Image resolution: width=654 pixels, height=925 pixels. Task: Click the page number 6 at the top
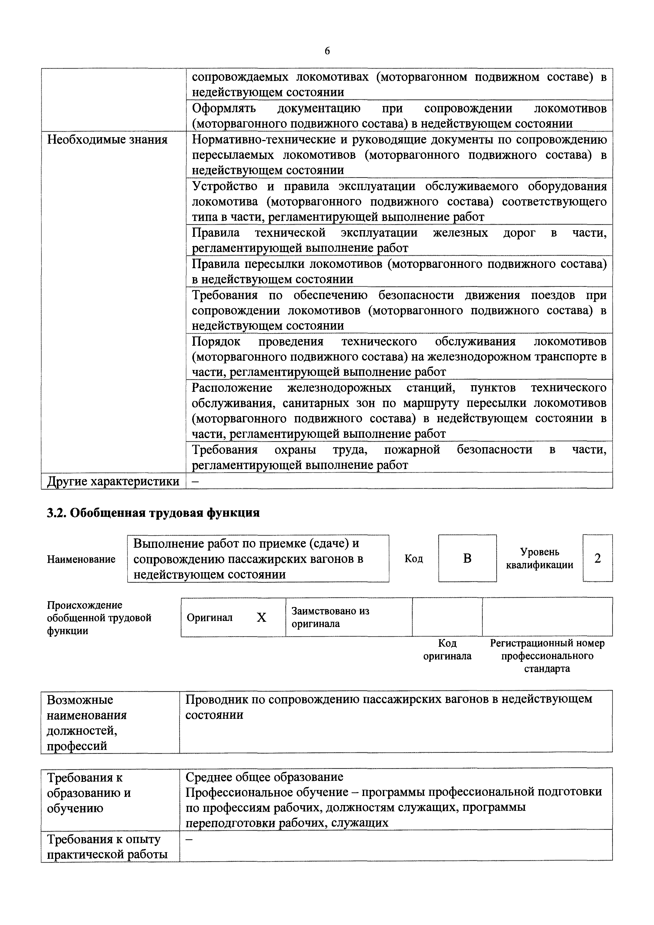(326, 51)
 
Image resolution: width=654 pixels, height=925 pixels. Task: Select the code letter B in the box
(467, 558)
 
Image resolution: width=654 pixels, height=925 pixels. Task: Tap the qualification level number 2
(598, 558)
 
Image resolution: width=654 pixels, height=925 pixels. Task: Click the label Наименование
(81, 559)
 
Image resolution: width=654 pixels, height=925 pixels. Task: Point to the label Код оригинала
(447, 649)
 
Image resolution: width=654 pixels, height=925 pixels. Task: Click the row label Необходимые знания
(107, 140)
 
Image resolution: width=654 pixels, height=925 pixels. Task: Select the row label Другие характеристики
(113, 481)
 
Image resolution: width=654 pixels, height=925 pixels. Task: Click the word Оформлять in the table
(224, 108)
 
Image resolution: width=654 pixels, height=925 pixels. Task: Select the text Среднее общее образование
(264, 776)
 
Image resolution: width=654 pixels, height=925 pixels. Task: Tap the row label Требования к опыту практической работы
(107, 846)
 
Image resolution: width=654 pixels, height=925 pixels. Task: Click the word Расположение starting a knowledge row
(232, 388)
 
